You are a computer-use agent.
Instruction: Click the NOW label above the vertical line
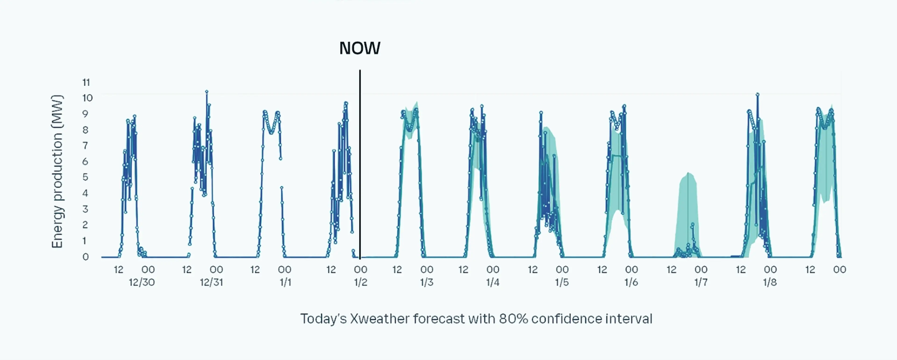click(x=360, y=48)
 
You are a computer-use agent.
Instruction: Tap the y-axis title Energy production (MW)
click(x=57, y=171)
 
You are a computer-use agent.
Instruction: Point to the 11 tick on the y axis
click(x=86, y=82)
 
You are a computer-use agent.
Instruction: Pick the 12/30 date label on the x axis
click(x=142, y=282)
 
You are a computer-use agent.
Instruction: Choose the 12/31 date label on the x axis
click(x=211, y=282)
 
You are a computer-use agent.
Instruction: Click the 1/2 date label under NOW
click(x=361, y=282)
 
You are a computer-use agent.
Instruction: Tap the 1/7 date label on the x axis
click(x=701, y=282)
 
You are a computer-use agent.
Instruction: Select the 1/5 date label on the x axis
click(x=562, y=282)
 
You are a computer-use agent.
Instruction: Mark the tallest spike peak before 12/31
click(x=206, y=92)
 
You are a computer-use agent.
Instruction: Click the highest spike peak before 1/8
click(x=757, y=94)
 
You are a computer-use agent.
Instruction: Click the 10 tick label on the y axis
click(x=87, y=98)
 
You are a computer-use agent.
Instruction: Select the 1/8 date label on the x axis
click(x=770, y=282)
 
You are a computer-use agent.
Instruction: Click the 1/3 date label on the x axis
click(x=427, y=282)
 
